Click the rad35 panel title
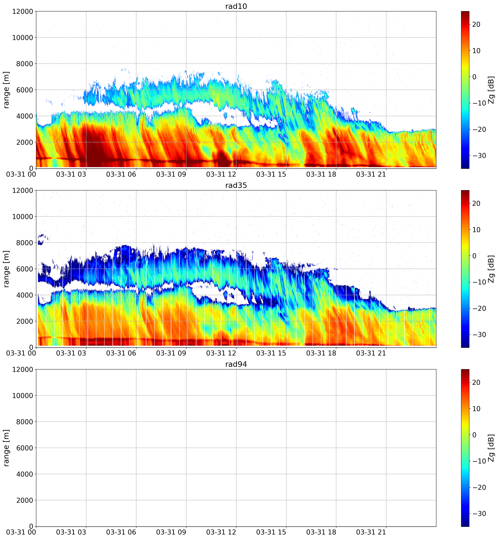[236, 185]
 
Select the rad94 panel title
[236, 364]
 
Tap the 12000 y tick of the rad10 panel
[23, 12]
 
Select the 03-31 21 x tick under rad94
[371, 532]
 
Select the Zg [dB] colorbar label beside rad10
[491, 90]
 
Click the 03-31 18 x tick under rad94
[321, 532]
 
